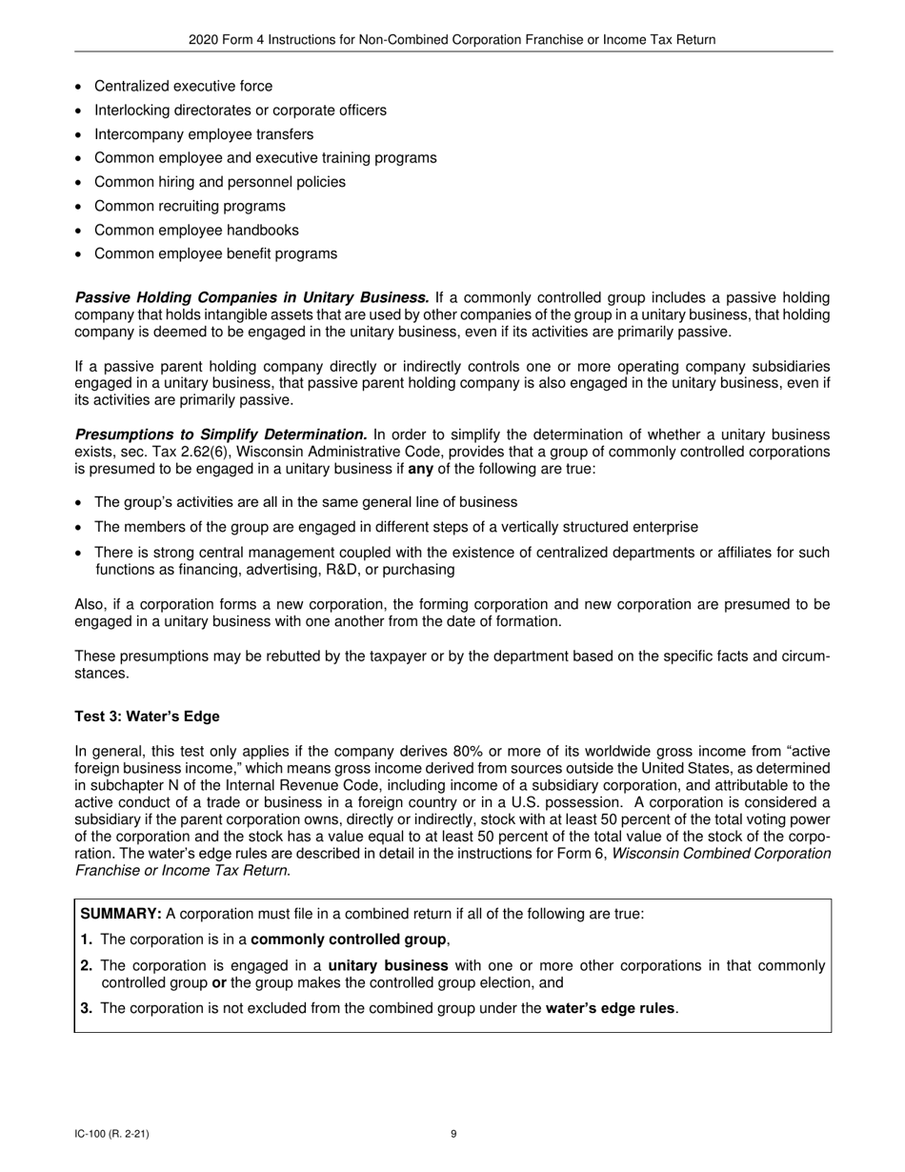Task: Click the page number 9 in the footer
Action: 453,1134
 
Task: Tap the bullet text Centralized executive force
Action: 183,86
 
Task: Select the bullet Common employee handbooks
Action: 196,230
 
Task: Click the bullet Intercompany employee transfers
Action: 203,134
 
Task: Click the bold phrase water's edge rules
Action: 611,1008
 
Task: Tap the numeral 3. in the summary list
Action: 87,1008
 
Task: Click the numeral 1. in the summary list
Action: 87,940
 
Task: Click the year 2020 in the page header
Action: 204,40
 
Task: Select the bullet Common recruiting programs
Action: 190,206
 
